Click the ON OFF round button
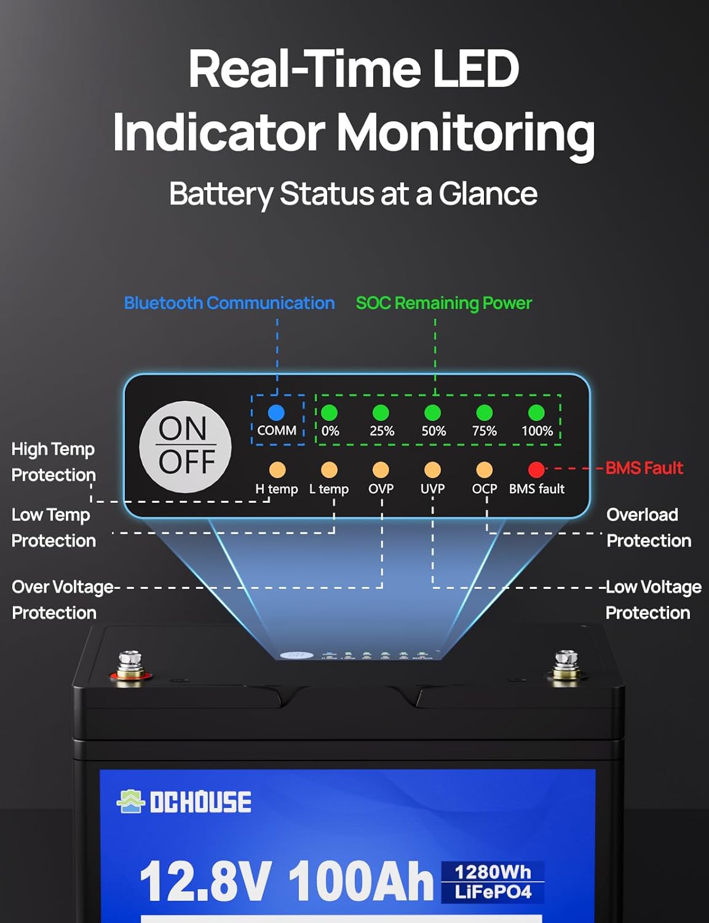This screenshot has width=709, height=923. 186,446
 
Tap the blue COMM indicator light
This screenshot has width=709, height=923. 277,412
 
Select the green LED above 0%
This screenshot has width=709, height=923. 330,412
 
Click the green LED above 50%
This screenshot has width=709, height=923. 433,412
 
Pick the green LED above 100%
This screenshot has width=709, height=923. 536,412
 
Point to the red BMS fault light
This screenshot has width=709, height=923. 536,470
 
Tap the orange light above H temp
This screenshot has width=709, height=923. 277,470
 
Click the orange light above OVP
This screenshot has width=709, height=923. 381,470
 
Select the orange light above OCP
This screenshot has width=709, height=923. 485,470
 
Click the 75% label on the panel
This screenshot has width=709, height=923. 485,431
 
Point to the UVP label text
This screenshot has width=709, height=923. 432,489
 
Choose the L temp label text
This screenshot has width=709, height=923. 329,489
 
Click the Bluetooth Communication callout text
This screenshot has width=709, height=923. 229,303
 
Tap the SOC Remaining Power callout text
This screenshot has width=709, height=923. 443,303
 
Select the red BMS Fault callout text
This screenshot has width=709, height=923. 644,468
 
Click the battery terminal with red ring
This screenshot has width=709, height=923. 130,668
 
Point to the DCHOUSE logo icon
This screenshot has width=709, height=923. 130,801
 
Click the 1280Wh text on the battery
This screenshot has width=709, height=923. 493,872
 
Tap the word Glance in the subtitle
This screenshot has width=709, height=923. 488,194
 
